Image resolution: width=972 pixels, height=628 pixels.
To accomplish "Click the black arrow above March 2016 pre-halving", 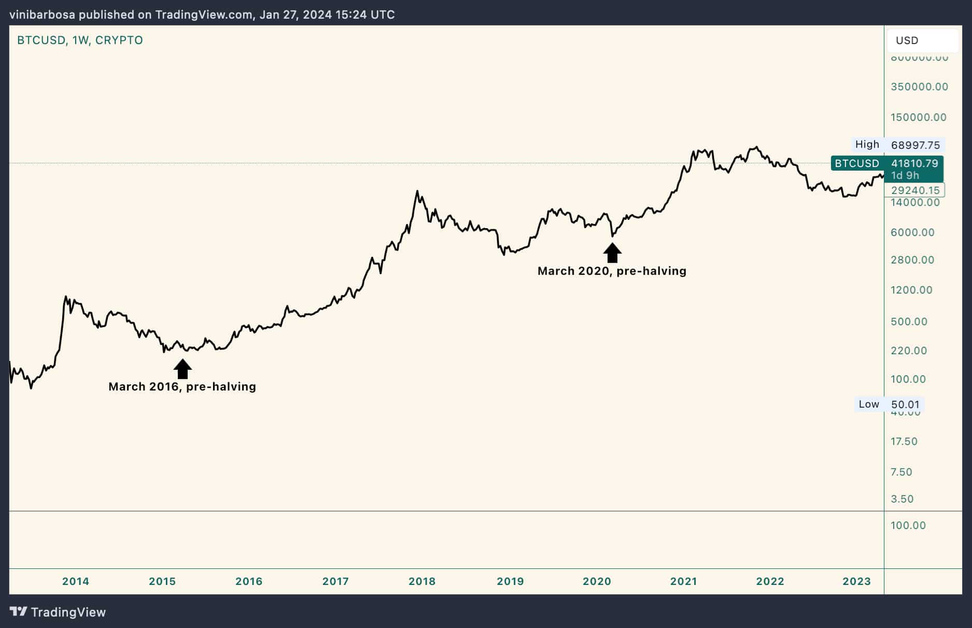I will coord(182,369).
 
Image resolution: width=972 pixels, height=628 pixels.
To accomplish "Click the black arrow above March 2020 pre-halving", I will coord(612,253).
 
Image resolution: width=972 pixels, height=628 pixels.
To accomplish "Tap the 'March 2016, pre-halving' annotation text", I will coord(182,387).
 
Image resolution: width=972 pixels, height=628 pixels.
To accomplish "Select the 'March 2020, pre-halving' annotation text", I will coord(612,271).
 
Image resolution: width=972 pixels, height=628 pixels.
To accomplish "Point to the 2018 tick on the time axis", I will coord(422,581).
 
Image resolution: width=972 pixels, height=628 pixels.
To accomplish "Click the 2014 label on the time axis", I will coord(76,581).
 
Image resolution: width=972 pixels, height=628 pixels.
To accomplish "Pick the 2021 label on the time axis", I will coord(683,581).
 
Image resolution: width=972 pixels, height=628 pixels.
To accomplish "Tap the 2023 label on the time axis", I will coord(856,581).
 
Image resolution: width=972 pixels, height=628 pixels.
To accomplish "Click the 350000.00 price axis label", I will coord(919,87).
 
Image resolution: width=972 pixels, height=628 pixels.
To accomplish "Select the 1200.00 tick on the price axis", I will coord(911,290).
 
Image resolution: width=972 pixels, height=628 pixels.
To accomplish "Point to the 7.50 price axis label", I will coord(901,472).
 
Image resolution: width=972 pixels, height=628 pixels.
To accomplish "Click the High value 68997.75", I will coord(915,145).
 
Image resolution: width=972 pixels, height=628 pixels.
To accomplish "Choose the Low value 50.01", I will coord(905,404).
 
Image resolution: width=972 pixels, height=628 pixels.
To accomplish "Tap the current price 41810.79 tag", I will coord(914,163).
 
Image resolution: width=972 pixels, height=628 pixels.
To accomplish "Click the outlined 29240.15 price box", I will coord(915,190).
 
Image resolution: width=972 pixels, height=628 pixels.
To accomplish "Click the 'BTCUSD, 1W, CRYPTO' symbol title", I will coord(80,40).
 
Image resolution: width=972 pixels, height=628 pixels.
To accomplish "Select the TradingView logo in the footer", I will coord(58,612).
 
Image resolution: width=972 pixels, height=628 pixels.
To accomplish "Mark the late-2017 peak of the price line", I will coord(417,191).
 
